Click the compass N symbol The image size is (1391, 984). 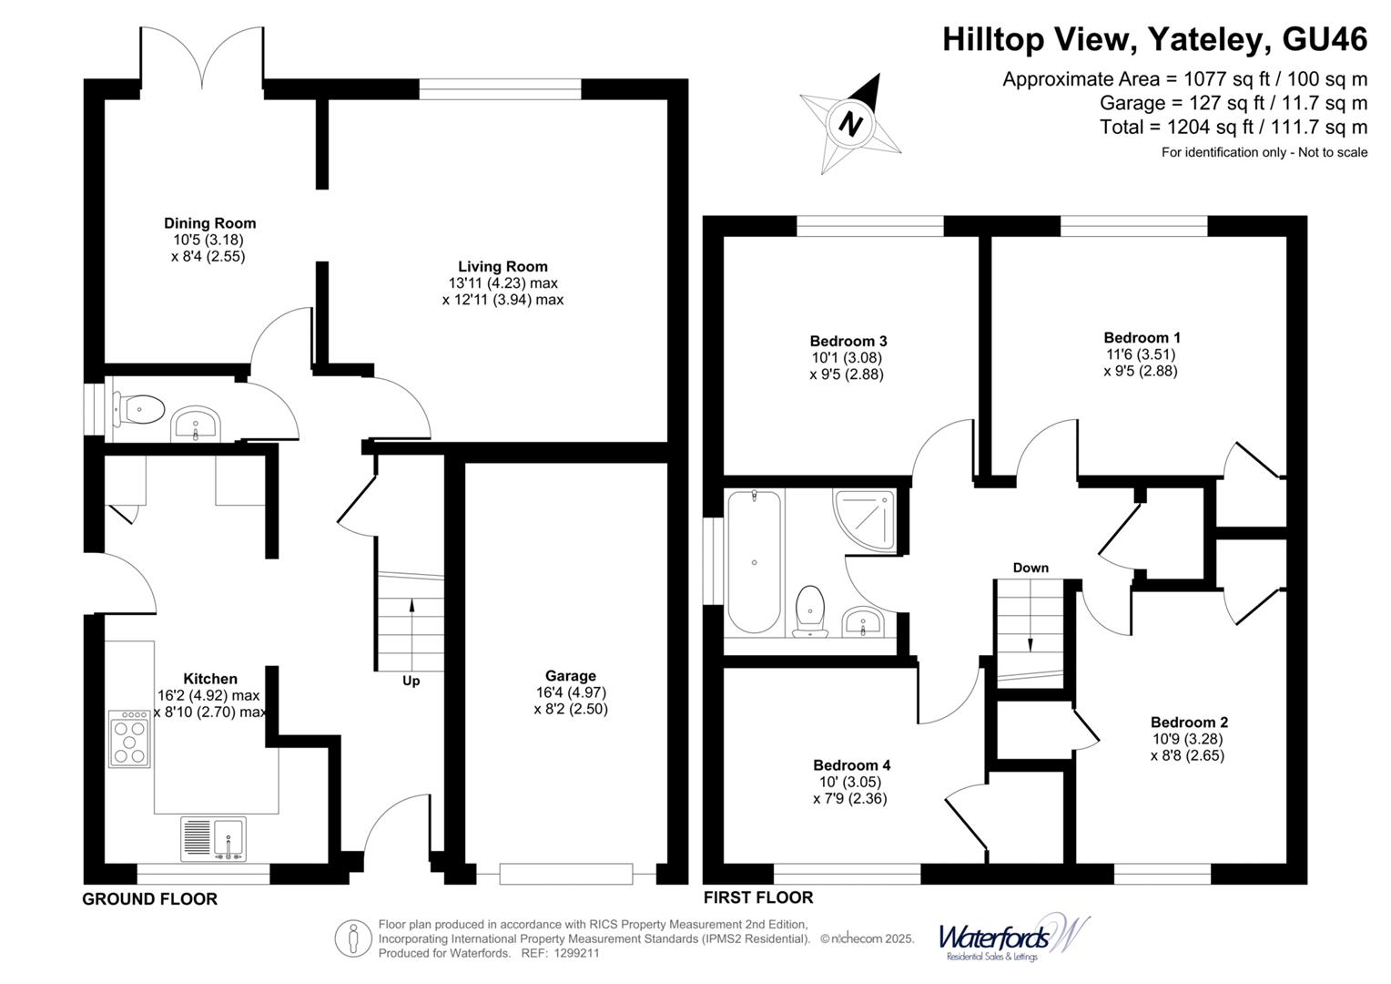851,123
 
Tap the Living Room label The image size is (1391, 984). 503,266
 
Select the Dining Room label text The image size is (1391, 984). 209,223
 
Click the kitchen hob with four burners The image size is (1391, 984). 128,739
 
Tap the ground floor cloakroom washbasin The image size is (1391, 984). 195,424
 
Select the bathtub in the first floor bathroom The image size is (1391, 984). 754,561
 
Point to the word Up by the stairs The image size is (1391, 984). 411,681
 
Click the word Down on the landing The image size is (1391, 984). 1031,568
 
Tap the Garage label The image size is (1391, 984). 570,675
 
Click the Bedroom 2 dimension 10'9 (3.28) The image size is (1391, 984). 1188,739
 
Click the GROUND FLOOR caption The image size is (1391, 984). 150,899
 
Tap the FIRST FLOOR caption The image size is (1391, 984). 757,897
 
